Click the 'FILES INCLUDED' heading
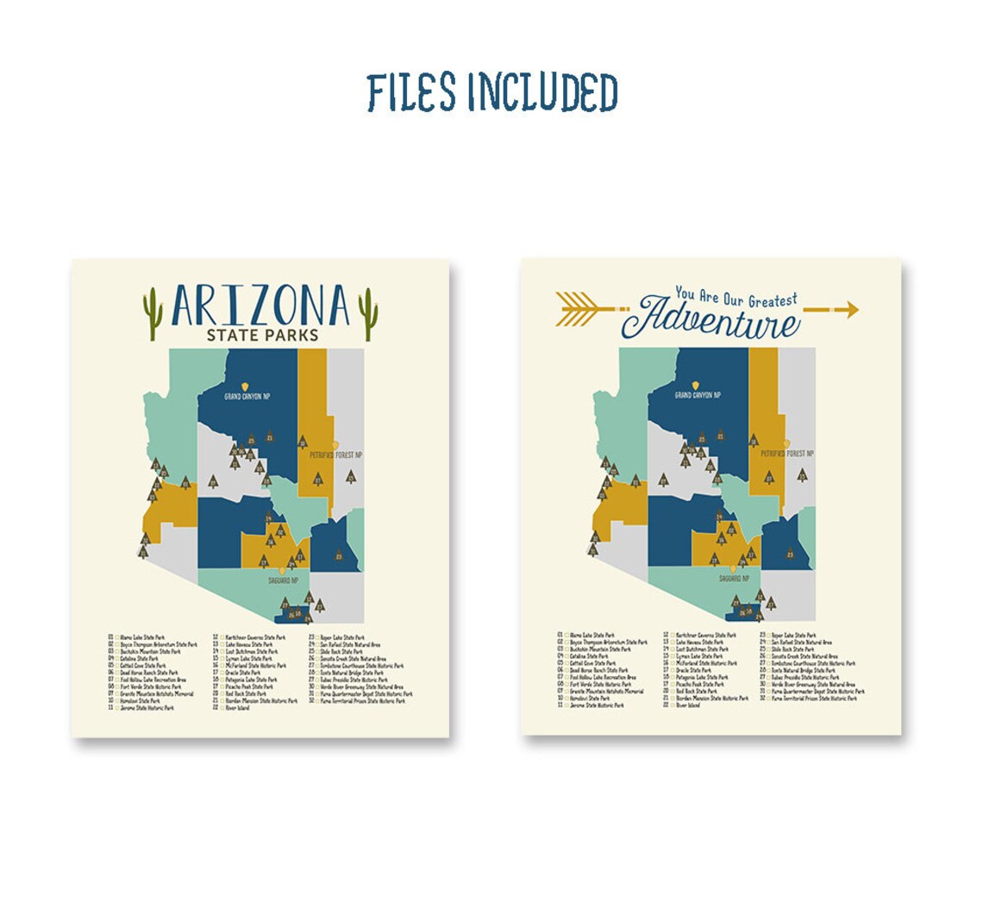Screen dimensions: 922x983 [491, 93]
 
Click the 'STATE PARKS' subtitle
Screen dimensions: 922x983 [260, 336]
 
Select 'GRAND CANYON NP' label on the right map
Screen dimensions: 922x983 [698, 395]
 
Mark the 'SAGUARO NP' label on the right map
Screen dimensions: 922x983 [736, 579]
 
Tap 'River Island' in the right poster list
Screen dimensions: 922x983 [688, 706]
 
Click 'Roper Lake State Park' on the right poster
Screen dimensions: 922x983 [793, 635]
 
